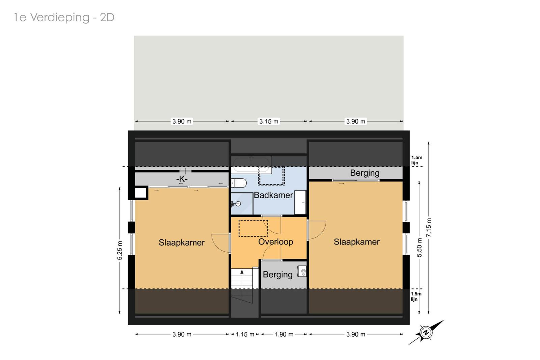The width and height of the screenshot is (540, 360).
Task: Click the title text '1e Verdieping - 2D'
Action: pos(64,18)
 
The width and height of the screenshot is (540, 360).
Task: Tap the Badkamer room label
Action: pos(273,195)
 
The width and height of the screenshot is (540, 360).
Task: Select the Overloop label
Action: pos(275,241)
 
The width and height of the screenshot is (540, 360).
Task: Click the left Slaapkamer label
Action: pos(182,242)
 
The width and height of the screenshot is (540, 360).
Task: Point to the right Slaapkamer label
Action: pos(356,242)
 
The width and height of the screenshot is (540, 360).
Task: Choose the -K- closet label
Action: pos(182,179)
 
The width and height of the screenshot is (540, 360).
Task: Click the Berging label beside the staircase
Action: pos(277,275)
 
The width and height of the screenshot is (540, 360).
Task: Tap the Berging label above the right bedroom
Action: pos(365,173)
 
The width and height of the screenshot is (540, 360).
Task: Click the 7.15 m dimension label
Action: pos(429,228)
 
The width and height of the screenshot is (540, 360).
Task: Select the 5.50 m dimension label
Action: pos(420,248)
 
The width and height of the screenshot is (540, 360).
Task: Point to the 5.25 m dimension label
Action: pos(120,251)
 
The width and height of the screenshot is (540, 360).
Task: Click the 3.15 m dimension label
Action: pos(269,121)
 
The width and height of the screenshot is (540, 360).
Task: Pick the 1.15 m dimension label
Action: pos(245,334)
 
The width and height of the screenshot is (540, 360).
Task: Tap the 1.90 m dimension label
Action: pos(284,334)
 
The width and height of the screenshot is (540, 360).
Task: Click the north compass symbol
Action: pos(426,332)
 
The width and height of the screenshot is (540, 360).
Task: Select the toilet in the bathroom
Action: pos(239,183)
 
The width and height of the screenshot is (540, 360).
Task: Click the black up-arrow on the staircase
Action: pos(242,272)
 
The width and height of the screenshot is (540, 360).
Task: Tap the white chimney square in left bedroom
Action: pos(140,193)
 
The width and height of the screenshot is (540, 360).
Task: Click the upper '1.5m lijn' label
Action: pos(416,160)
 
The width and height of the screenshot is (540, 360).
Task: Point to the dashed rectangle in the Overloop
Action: pos(253,228)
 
